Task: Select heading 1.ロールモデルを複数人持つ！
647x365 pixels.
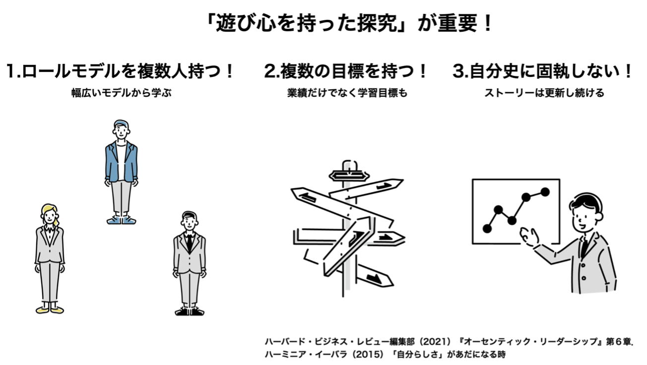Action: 120,71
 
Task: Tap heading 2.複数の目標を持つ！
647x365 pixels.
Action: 345,71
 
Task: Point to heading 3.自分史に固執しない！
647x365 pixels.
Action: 542,71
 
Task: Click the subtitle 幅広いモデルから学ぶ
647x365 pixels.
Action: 121,93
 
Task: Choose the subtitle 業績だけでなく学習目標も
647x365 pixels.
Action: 347,93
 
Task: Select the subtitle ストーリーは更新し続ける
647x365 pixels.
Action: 544,93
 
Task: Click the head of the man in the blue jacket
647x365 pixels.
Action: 121,130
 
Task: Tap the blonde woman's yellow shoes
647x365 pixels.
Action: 50,310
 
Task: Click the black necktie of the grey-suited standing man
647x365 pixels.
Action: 189,242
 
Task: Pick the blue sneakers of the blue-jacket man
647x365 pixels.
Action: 121,220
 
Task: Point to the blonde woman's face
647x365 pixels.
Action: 50,216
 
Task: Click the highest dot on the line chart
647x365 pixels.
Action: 545,192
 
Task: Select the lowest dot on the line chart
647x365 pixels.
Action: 487,229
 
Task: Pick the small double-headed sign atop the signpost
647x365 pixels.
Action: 349,176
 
